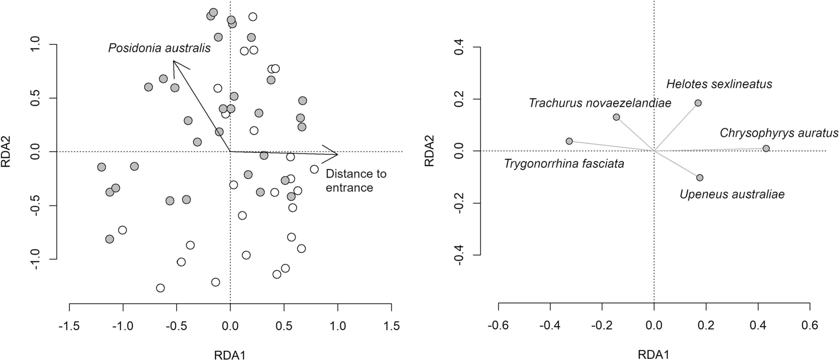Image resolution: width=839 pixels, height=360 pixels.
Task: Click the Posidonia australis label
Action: [159, 48]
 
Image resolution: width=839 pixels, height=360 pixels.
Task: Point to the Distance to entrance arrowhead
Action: [337, 154]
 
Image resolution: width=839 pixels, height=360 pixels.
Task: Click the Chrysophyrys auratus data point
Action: [766, 149]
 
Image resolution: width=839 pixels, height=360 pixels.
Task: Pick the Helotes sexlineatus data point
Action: [698, 103]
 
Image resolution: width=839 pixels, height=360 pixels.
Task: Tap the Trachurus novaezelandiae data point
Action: [616, 117]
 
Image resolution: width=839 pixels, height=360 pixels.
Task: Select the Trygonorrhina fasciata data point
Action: [569, 141]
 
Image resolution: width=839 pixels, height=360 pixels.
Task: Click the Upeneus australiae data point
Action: [700, 178]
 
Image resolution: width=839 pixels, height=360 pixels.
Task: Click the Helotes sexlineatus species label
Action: [719, 84]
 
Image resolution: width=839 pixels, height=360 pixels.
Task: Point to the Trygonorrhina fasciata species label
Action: [564, 163]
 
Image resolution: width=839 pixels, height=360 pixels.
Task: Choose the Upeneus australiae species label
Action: [732, 194]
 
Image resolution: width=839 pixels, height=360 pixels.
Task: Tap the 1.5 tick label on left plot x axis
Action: [391, 326]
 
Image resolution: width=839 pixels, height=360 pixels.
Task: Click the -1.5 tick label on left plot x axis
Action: [69, 326]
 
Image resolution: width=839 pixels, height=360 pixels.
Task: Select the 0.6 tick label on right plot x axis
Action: [810, 325]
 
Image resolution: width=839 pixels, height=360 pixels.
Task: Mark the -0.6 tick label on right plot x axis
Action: [498, 325]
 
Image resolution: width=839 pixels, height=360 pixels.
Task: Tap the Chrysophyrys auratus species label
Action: [779, 133]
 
